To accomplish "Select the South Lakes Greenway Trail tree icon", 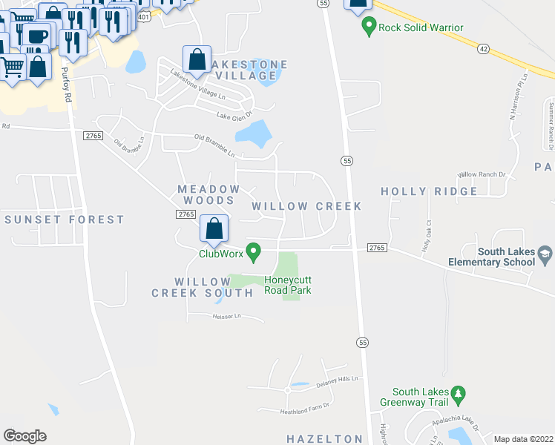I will point(459,392).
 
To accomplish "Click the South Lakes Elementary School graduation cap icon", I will point(545,255).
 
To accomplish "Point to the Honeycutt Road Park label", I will point(288,285).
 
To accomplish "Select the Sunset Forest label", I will point(65,220).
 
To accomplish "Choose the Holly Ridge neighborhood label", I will point(429,191).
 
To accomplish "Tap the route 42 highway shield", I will point(484,47).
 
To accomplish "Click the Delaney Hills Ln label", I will point(338,381).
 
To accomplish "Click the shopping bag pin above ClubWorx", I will point(214,230).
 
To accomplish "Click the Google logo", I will point(24,436).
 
